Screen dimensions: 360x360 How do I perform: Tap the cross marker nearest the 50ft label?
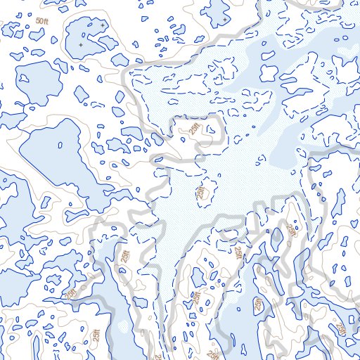(x=80, y=45)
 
